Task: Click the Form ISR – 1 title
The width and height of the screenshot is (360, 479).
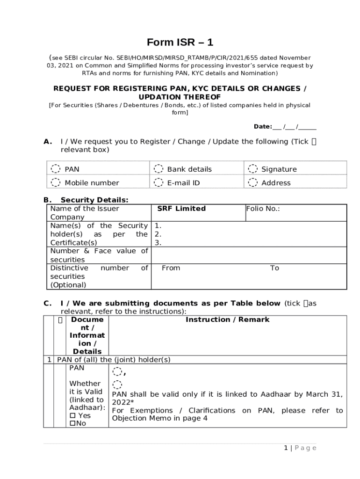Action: coord(180,43)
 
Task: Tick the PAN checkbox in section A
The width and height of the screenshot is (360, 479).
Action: coord(56,169)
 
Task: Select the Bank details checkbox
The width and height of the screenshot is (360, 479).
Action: coord(158,169)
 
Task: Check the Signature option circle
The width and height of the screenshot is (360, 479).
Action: coord(253,169)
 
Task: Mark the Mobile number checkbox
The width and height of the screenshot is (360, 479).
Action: coord(56,182)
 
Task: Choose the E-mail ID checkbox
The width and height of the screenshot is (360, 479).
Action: coord(158,182)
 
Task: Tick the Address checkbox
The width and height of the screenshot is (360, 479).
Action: coord(253,182)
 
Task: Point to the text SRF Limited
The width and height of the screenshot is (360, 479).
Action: coord(181,209)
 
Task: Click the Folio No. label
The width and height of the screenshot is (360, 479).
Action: coord(263,209)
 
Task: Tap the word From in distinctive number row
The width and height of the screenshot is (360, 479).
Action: coord(171,268)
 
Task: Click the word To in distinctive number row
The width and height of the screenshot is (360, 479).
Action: coord(274,268)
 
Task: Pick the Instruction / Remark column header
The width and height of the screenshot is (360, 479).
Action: coord(227,319)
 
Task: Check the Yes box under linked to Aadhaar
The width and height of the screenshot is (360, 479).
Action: coord(72,416)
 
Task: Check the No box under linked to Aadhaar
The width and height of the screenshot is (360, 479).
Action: coord(72,424)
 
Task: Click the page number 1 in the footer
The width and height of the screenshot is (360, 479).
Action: coord(286,448)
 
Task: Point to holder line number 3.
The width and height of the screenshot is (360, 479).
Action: coord(158,243)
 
